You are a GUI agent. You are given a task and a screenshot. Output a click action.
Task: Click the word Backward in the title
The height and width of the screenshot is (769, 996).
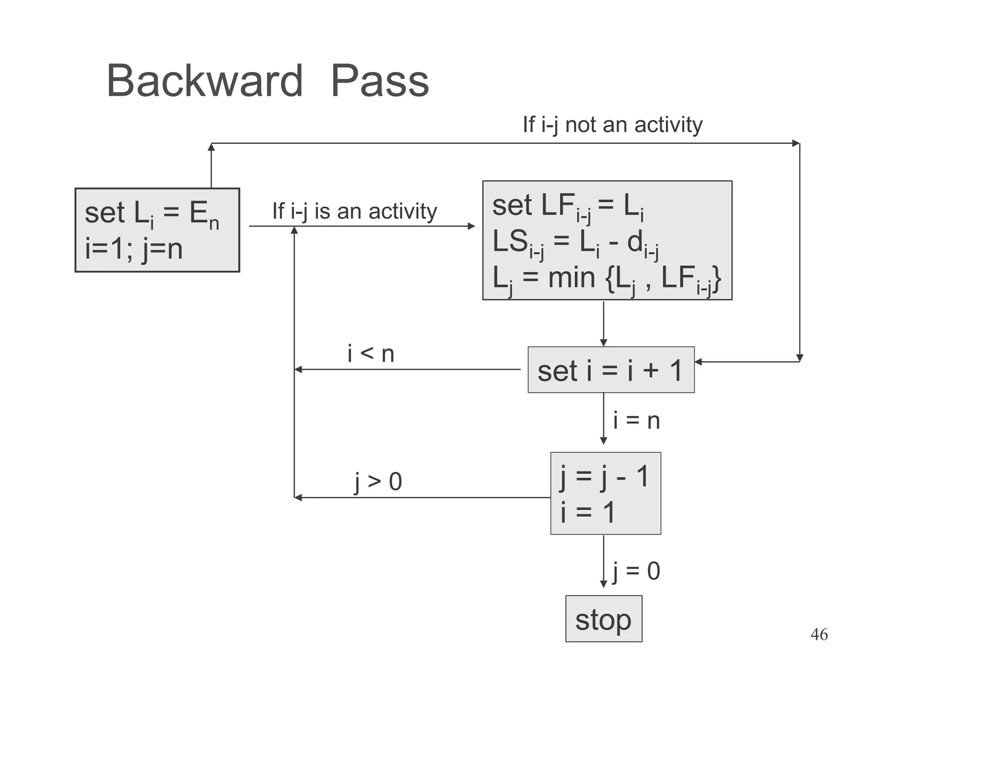204,81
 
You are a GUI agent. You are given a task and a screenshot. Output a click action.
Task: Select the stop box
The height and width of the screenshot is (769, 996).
603,619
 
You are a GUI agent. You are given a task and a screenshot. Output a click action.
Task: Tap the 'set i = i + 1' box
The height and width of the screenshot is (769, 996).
611,370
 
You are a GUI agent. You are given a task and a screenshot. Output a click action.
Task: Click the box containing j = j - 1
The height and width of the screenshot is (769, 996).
605,493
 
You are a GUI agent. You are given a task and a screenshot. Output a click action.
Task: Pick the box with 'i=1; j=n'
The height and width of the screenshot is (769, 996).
157,230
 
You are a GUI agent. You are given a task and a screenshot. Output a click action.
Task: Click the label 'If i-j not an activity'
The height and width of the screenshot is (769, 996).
612,125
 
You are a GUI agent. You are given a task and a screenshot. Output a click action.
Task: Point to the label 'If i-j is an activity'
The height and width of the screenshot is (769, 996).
355,211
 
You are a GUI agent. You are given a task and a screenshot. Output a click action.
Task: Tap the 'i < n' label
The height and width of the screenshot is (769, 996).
371,353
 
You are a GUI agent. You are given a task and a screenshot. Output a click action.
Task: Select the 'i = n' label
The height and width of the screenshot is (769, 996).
636,420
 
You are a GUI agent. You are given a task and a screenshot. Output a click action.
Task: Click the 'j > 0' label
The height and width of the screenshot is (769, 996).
378,482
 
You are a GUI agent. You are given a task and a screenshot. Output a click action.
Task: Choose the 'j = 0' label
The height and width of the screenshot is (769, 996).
636,571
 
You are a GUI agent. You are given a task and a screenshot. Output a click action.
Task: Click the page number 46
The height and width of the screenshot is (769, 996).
819,634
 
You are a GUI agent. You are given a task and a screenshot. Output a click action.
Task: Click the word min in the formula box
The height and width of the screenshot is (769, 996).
571,278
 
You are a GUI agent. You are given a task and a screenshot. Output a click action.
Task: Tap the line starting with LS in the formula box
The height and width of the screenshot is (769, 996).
575,242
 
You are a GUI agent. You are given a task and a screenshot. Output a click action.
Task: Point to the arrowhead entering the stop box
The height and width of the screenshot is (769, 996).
604,585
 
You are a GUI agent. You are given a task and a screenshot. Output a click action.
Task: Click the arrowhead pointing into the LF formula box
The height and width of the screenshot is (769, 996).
471,226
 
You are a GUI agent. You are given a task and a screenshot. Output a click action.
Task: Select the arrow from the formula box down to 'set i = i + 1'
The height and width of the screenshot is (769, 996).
604,323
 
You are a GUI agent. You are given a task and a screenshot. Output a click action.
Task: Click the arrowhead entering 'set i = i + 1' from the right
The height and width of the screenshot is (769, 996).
698,362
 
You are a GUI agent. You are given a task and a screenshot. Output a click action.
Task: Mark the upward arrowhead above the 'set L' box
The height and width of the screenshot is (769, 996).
211,147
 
